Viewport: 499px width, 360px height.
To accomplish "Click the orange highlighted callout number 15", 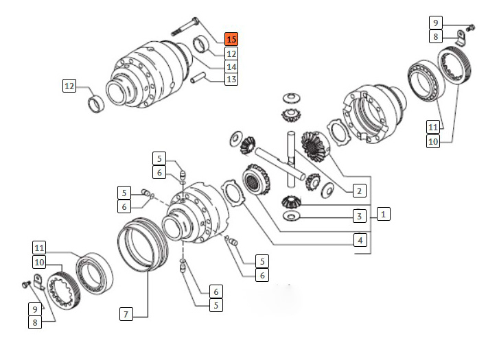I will [x=231, y=39].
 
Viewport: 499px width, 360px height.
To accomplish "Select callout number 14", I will [x=231, y=67].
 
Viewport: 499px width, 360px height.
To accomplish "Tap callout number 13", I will [x=231, y=80].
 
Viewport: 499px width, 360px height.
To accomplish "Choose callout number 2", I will [x=359, y=191].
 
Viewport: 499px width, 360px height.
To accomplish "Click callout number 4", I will [x=359, y=240].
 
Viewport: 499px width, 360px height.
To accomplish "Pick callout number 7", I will [x=126, y=314].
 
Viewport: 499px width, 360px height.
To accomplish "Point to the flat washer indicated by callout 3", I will [x=292, y=217].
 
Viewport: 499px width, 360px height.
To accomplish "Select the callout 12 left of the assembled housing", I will [x=69, y=86].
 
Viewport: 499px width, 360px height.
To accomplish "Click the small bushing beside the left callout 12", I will [x=97, y=104].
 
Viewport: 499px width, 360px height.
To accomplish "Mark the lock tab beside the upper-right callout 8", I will [x=459, y=38].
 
